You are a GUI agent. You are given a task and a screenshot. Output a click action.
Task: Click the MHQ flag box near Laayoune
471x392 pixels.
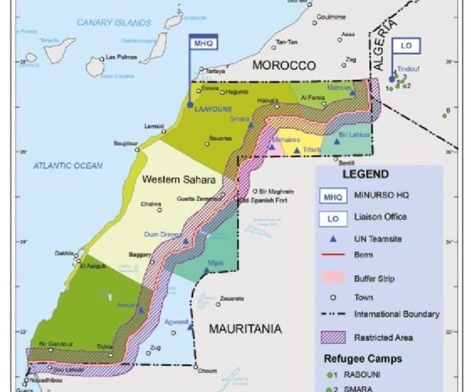coord(202,43)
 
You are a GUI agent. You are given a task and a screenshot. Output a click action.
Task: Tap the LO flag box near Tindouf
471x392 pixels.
coord(406,46)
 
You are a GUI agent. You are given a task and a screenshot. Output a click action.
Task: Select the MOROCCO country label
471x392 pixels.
coord(283,65)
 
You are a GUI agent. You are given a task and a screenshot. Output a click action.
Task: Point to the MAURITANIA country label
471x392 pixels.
coord(245,329)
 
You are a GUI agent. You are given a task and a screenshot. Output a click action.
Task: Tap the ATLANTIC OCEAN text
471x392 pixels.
coord(68,165)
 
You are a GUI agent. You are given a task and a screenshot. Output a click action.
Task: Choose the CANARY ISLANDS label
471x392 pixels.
coord(114,23)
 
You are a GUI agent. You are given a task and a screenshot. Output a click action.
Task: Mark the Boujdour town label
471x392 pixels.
coord(126,144)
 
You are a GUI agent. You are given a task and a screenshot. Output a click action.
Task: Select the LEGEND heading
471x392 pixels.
coord(365,175)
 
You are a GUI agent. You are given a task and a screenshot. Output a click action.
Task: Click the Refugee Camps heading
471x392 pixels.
coord(363,359)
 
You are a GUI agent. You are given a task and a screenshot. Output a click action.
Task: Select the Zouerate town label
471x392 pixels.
coord(232,298)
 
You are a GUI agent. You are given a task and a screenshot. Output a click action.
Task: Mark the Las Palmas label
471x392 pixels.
coord(121,57)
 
